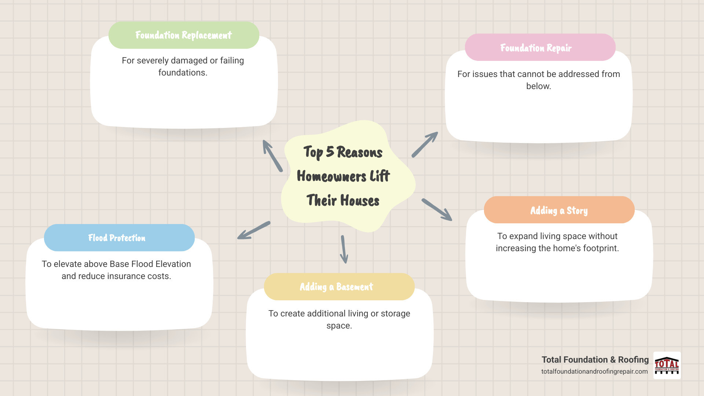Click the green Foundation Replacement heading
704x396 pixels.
(184, 35)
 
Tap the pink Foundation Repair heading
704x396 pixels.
(536, 48)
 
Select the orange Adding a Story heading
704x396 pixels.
(559, 210)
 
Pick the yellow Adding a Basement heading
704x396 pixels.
(336, 287)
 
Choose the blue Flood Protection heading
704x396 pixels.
(117, 238)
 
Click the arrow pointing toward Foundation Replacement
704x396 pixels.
(272, 155)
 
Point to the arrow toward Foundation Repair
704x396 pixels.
(425, 144)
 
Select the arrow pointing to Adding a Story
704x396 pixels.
(437, 209)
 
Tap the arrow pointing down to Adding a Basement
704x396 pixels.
(344, 249)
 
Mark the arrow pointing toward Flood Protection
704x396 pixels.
(253, 230)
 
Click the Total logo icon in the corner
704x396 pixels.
(667, 366)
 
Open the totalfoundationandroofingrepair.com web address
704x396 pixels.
(594, 371)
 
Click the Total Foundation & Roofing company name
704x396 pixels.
(595, 360)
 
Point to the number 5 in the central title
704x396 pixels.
(330, 151)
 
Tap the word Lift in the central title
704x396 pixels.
(379, 176)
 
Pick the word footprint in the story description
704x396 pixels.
(601, 248)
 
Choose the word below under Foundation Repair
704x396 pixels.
(538, 86)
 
